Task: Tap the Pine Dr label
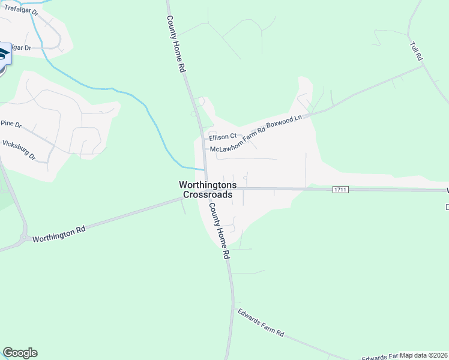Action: coord(11,124)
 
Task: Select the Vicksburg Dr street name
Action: coord(19,151)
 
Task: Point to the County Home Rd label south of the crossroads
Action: coord(219,230)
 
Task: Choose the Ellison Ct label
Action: coord(223,137)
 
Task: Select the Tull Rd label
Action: coord(417,50)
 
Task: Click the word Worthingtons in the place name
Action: coord(208,185)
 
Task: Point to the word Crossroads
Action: coord(208,194)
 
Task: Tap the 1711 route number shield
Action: coord(340,190)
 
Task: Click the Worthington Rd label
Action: coord(59,233)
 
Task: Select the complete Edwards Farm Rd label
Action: coord(261,322)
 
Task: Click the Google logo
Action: coord(20,353)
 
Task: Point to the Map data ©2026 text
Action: coord(423,355)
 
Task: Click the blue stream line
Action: coord(132,96)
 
